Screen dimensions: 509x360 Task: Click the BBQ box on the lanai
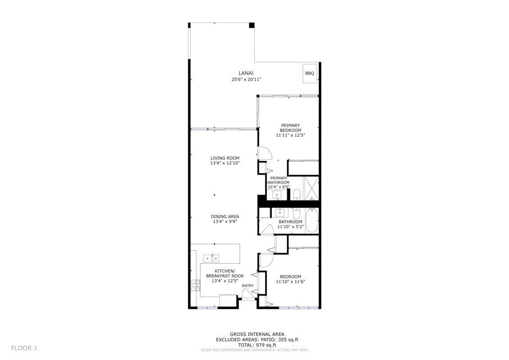tap(309, 73)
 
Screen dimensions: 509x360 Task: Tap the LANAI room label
tap(246, 73)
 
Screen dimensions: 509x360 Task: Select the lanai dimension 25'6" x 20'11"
tap(246, 79)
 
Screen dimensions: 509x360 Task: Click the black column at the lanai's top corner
tap(252, 25)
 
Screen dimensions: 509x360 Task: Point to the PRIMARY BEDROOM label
tap(290, 128)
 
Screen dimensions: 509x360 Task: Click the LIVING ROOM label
tap(225, 158)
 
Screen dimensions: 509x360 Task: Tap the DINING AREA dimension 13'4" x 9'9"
tap(225, 222)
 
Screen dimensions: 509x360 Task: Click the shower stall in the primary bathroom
tap(311, 188)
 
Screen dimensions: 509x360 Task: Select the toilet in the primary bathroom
tap(297, 195)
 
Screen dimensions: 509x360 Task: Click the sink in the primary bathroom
tap(277, 195)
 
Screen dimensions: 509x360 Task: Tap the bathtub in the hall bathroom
tap(312, 220)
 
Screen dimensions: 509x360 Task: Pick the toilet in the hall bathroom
tap(297, 213)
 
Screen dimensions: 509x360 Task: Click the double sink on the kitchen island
tap(212, 258)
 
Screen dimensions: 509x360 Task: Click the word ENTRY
tap(248, 286)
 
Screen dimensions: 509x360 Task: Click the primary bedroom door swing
tap(264, 153)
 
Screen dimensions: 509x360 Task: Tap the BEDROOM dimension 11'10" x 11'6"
tap(290, 282)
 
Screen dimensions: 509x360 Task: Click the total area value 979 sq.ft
tap(266, 345)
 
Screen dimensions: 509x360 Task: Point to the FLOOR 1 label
tap(24, 348)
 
